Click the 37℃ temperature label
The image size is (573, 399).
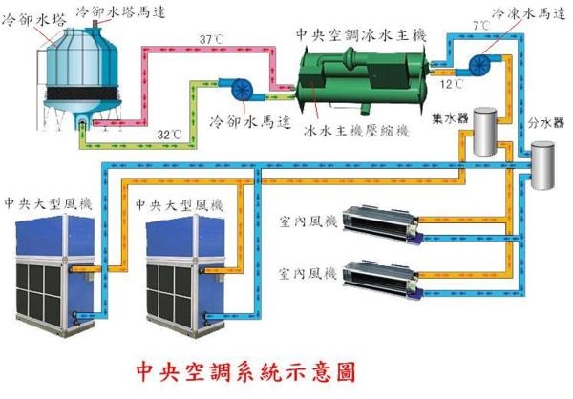[211, 39]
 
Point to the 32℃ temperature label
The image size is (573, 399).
[169, 135]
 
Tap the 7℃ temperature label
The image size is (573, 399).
[481, 26]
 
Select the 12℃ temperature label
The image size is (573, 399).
[452, 84]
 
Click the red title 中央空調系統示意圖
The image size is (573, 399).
[245, 372]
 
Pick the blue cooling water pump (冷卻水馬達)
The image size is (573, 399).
[242, 90]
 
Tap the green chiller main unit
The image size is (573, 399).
[361, 79]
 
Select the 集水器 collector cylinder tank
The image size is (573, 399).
[485, 131]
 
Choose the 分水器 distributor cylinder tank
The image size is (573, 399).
[542, 165]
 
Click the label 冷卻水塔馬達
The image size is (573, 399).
[121, 11]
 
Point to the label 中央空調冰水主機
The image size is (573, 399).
[361, 35]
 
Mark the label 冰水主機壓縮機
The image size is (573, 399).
[355, 131]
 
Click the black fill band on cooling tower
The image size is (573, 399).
[81, 94]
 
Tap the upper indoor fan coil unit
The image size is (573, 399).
[382, 225]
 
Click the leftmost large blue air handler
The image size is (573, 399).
[54, 275]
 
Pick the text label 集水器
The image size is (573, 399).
[450, 117]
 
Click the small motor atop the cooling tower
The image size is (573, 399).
[95, 24]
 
